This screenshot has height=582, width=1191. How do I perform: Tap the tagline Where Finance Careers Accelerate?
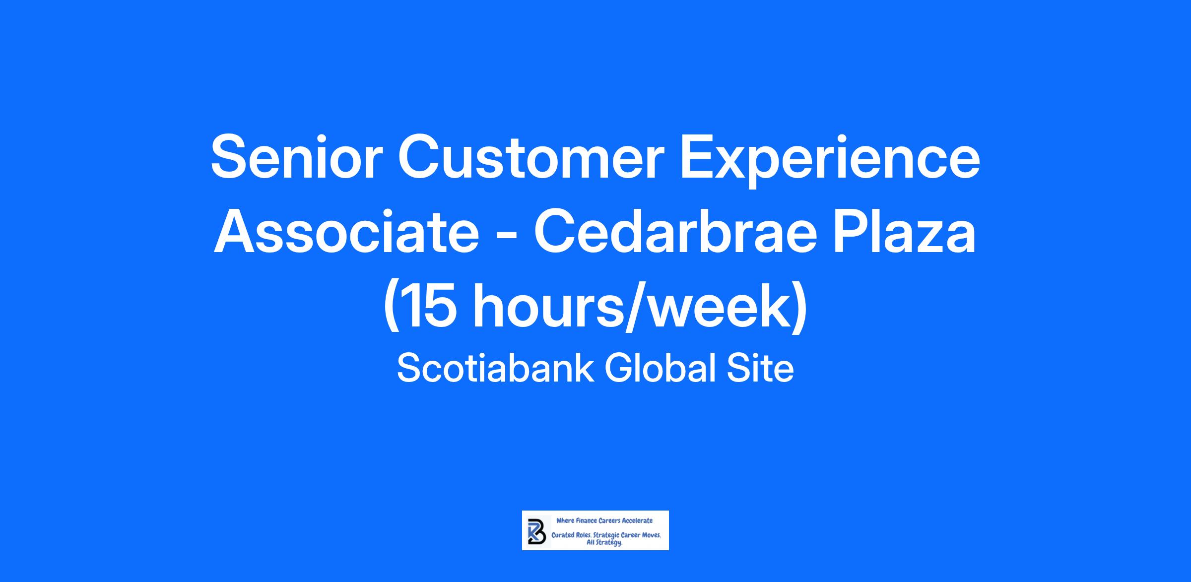[x=604, y=520]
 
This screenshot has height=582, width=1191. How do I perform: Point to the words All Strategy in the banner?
[x=604, y=543]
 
